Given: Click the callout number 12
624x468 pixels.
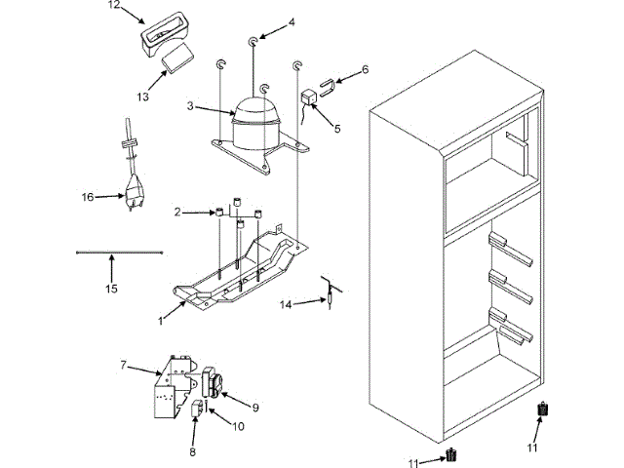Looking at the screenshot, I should tap(114, 5).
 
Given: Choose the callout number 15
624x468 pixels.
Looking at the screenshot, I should tap(111, 288).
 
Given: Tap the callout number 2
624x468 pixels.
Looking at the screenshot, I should tap(178, 212).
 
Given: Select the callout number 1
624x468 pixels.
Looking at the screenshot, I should tap(160, 319).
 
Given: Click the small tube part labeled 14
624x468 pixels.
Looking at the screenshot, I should tap(331, 292).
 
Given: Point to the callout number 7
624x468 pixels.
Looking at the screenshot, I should tap(124, 366).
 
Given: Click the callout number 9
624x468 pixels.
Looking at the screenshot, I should tap(254, 407).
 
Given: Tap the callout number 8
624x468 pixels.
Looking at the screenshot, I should tap(192, 450).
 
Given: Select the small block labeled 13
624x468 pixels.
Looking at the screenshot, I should tap(176, 58).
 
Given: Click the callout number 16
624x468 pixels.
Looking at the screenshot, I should tap(87, 196).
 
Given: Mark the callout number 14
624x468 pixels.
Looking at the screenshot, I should tap(286, 304).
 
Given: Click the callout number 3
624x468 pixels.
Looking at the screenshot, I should tap(191, 105).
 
